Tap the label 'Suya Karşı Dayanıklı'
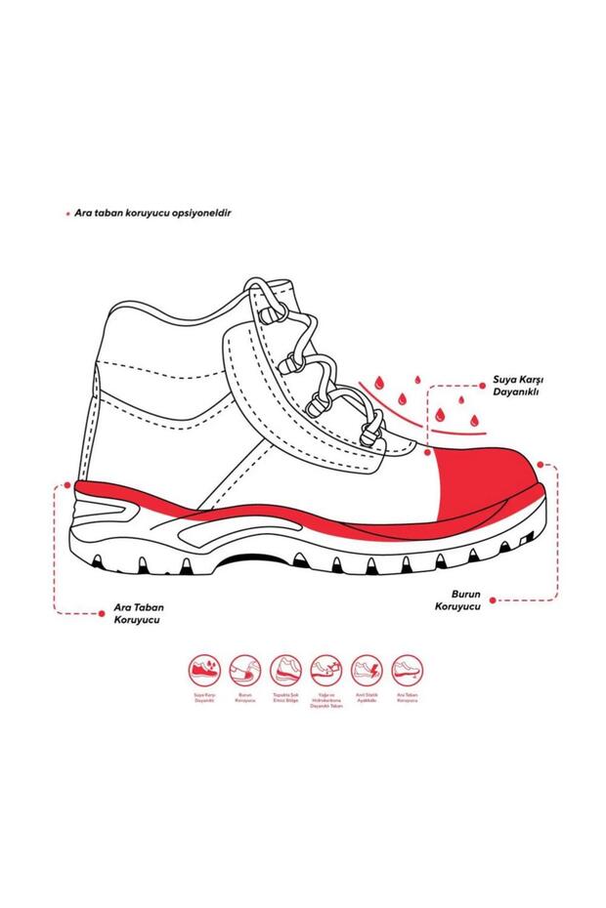tap(517, 387)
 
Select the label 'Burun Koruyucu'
tap(460, 599)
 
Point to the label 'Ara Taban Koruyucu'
tap(137, 613)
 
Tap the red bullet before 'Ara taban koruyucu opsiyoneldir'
tap(66, 212)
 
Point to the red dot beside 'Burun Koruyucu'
tap(494, 599)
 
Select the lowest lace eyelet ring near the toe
tap(371, 431)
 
